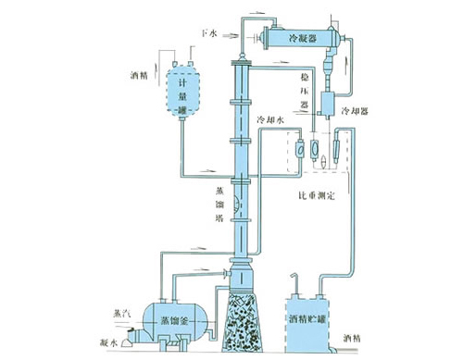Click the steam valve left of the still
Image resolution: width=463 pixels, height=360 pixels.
[139, 326]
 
